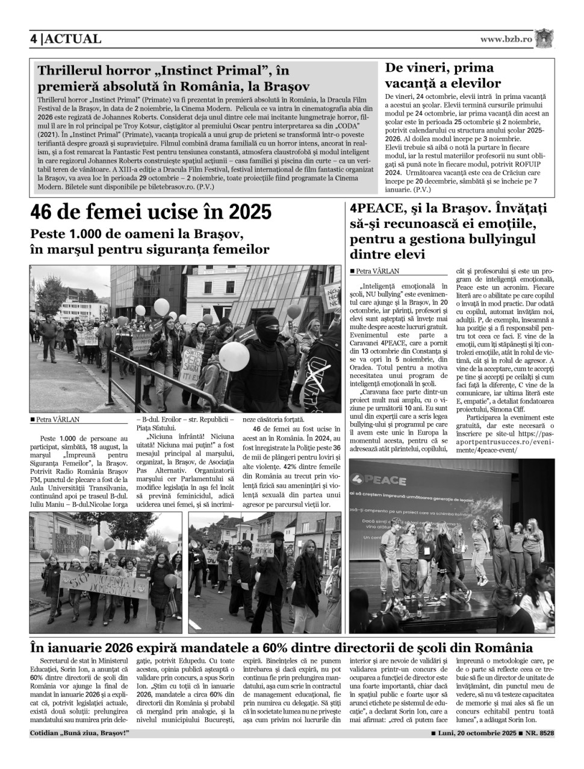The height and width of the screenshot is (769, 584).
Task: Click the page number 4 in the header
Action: point(34,39)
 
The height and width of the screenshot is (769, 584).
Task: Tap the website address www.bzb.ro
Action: point(506,39)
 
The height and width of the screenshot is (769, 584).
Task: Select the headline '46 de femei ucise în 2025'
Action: point(151,212)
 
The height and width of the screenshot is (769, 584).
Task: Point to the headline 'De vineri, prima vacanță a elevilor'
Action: point(443,75)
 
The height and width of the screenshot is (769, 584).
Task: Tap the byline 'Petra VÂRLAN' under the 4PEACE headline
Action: point(377,271)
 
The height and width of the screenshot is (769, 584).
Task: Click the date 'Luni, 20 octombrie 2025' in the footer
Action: point(477,733)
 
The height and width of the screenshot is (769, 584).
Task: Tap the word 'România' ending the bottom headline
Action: point(503,648)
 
